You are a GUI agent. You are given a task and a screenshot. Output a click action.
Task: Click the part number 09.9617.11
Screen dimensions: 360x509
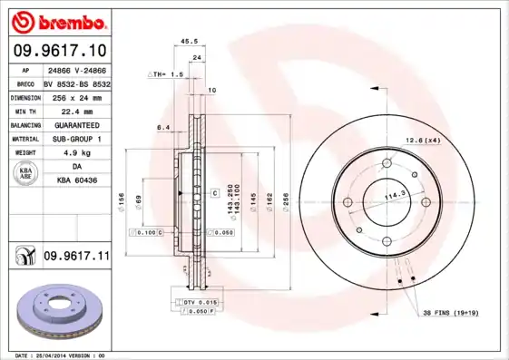tap(76, 258)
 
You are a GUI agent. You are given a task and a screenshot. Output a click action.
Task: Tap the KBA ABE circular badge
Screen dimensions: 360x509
tap(26, 175)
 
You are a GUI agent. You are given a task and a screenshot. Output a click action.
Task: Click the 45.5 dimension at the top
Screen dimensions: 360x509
tap(190, 41)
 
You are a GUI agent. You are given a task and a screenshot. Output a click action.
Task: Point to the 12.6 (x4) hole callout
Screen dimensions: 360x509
tap(422, 140)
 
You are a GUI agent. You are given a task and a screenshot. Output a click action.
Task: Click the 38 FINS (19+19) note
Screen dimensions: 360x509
tap(451, 314)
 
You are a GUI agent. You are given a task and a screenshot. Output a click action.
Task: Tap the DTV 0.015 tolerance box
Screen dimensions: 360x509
tap(198, 300)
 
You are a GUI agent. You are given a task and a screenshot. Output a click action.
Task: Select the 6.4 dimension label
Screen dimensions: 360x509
tap(164, 128)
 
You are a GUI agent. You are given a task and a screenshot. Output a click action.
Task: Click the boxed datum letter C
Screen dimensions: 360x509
tap(215, 193)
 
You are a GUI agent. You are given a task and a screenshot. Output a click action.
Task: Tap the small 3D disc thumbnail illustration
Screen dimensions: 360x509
tap(56, 311)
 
